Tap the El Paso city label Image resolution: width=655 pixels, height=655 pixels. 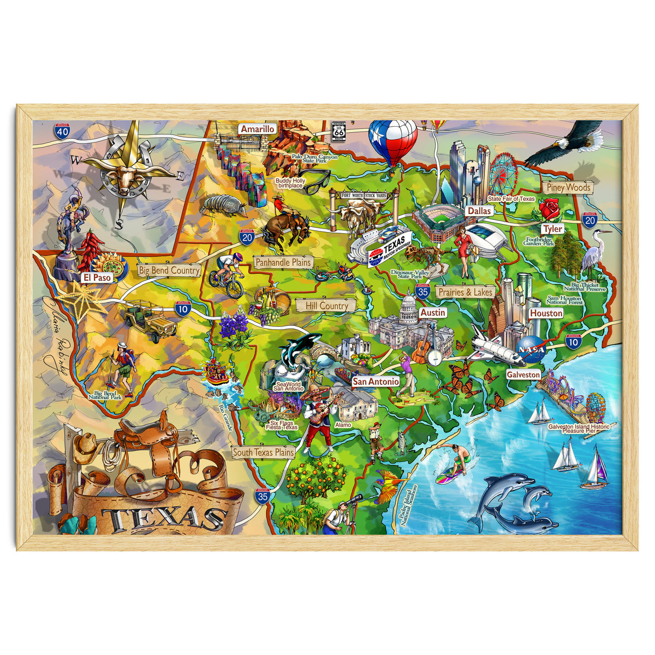[x=97, y=277]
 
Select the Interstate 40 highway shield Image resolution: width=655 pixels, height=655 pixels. [x=62, y=131]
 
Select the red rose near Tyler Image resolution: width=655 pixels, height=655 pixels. [x=550, y=209]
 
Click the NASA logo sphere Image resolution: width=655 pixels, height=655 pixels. [x=532, y=348]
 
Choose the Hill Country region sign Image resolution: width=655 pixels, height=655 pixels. [x=326, y=306]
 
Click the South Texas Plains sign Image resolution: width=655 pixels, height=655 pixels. [x=263, y=452]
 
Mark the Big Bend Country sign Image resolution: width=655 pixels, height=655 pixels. [x=169, y=270]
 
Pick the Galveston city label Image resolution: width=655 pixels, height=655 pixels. [x=522, y=375]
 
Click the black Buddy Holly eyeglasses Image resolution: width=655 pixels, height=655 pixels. [x=316, y=181]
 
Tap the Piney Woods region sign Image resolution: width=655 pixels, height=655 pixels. [x=568, y=187]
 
